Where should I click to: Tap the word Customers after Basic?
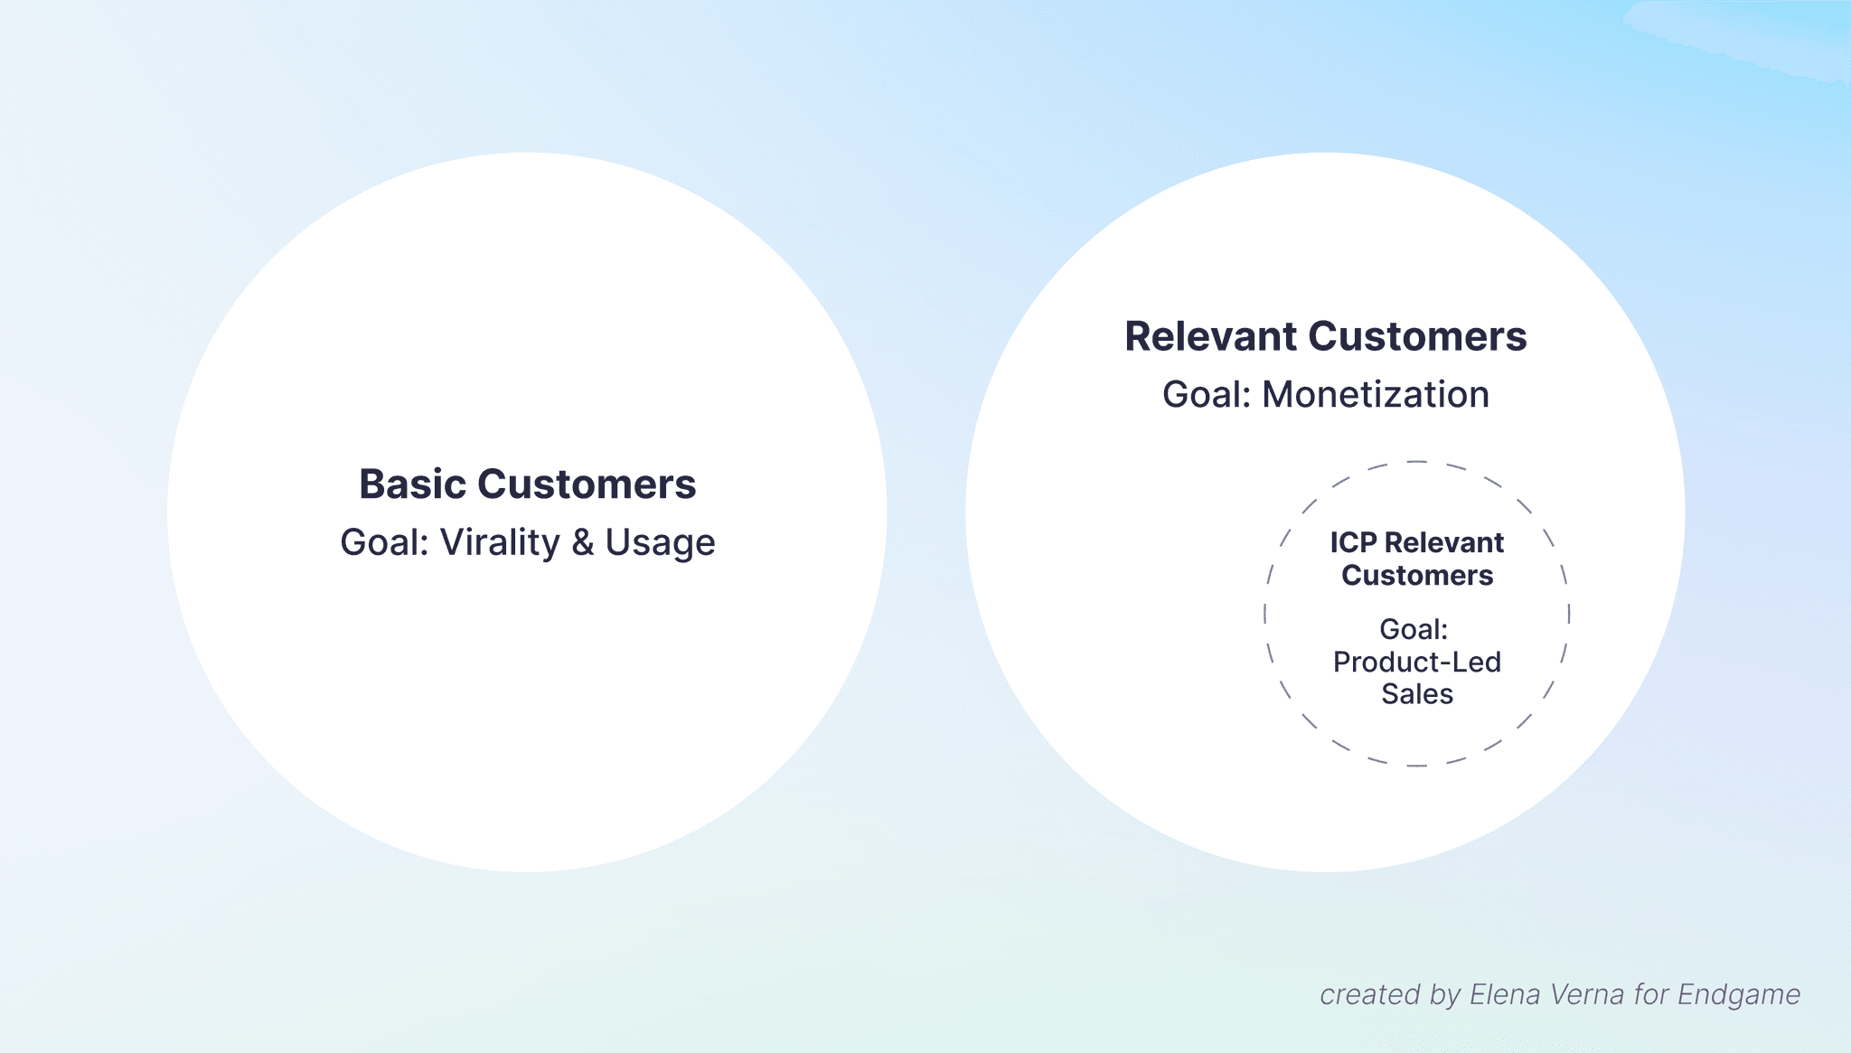point(587,484)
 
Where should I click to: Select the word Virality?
point(500,542)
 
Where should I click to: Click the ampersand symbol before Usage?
point(583,542)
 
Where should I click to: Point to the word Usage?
point(660,543)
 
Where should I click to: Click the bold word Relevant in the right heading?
point(1210,336)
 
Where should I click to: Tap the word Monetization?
point(1375,395)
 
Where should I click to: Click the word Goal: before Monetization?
point(1206,395)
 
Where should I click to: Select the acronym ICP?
point(1352,542)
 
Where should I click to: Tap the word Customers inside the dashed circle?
point(1416,576)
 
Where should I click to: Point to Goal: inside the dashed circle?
point(1413,629)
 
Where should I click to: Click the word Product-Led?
point(1416,662)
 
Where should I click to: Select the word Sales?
point(1416,694)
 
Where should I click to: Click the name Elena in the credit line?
point(1505,994)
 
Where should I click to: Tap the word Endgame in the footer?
point(1738,994)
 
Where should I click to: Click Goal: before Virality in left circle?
point(383,542)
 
